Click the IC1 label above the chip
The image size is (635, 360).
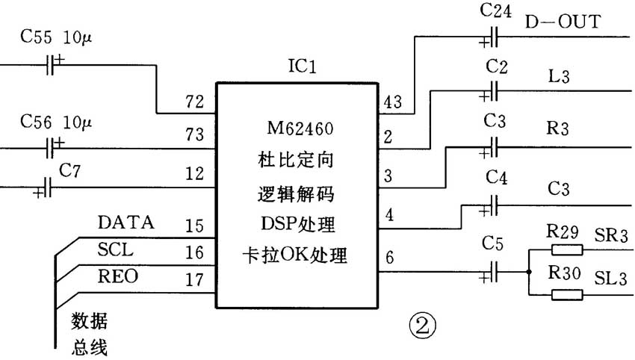302,66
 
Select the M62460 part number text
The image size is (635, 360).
300,128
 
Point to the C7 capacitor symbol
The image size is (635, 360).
46,187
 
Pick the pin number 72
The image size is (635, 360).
194,102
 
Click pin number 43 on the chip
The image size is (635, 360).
392,102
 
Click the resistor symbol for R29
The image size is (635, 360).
567,249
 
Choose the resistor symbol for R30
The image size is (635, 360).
567,294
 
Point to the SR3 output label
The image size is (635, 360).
610,235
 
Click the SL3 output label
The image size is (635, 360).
610,278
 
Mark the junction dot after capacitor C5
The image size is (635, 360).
528,272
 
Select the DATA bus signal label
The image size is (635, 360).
126,223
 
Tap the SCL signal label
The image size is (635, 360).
115,249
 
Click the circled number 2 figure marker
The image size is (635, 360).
423,326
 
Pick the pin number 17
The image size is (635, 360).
194,280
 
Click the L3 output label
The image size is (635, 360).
559,75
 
